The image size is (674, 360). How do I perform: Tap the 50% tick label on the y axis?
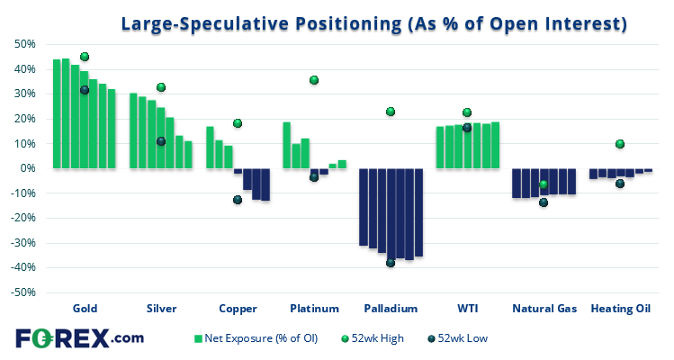pos(23,44)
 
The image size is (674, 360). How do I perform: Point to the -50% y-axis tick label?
pos(22,292)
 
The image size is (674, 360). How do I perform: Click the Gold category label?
pos(85,309)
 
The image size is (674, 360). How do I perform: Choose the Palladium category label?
pos(391,309)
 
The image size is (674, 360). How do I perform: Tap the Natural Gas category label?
pos(544,309)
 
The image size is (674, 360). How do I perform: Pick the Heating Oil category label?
pos(620,309)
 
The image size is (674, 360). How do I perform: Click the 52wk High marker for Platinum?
pos(314,80)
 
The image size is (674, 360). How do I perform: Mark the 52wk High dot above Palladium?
pos(391,112)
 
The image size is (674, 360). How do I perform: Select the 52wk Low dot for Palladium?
pos(391,263)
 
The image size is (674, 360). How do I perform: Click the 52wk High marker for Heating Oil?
pos(620,144)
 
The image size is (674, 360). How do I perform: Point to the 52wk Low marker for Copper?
pos(238,200)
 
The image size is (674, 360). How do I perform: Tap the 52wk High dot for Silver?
pos(161,87)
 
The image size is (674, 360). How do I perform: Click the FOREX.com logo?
pos(79,338)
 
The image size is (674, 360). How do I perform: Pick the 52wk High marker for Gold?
pos(85,57)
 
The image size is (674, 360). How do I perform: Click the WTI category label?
pos(467,309)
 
